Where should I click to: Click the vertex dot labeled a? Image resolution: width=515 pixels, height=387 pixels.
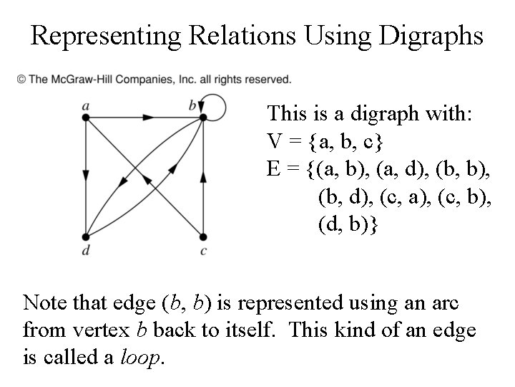point(85,118)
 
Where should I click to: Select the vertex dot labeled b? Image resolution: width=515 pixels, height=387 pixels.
point(203,118)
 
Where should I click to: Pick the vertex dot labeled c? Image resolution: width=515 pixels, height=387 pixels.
point(203,237)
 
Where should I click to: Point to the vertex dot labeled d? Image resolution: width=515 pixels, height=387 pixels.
point(85,237)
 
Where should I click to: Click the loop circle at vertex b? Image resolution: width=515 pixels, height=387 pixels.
point(215,108)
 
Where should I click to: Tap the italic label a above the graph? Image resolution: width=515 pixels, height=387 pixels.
point(85,106)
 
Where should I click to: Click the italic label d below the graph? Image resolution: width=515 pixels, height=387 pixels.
point(85,250)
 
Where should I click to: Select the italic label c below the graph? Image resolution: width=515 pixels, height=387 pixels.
point(204,250)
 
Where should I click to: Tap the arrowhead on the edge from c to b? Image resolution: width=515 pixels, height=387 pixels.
point(203,174)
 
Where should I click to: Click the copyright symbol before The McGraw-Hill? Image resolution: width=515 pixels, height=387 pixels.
point(21,78)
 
